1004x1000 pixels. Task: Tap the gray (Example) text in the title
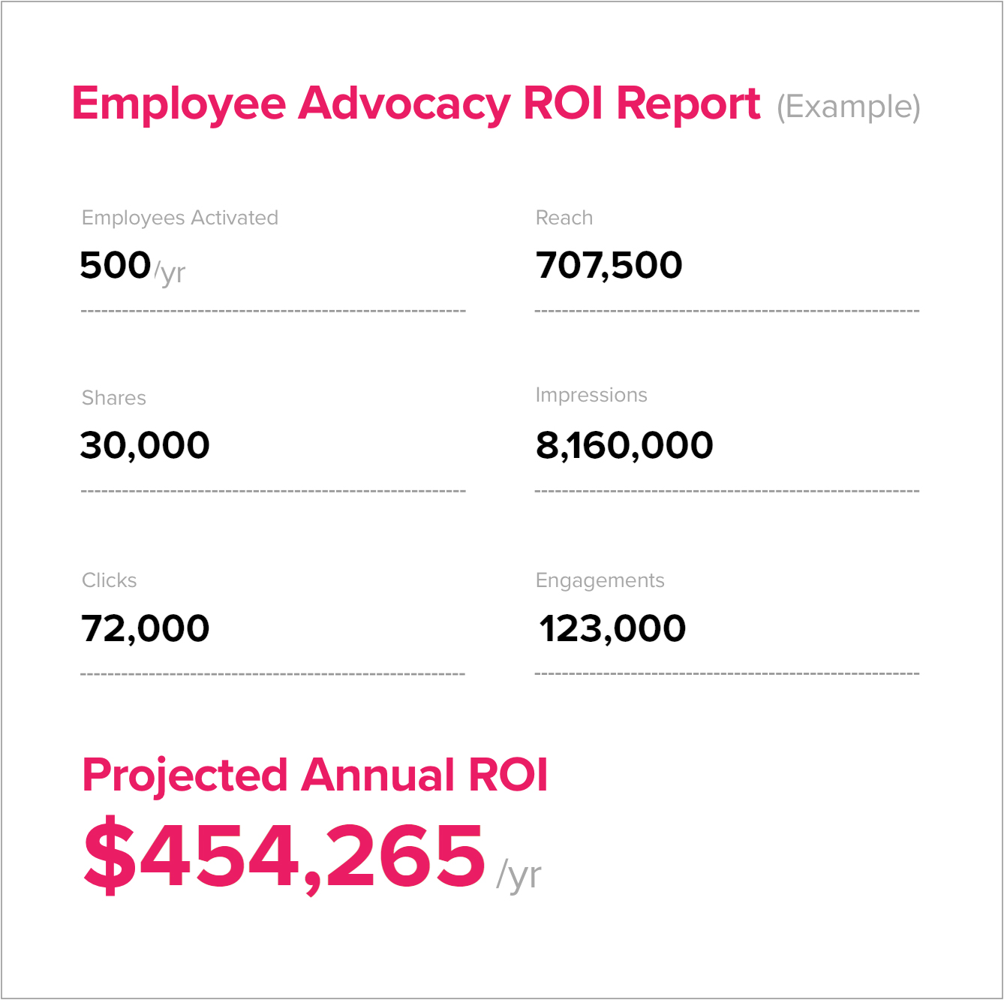848,107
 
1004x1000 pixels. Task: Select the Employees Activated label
180,218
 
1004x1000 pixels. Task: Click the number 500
116,265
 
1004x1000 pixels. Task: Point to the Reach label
564,218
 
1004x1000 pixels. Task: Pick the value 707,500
609,265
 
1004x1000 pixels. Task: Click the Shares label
114,398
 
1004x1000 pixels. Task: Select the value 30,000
145,445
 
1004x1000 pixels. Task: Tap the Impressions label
591,395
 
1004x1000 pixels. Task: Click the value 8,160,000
624,445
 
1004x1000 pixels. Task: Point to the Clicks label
110,580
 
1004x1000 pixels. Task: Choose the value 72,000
145,628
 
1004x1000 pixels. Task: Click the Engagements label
600,580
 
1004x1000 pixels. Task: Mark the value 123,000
612,628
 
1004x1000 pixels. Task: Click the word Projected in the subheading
185,776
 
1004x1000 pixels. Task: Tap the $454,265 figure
284,855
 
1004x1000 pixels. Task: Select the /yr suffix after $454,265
519,875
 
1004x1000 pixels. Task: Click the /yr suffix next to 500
170,272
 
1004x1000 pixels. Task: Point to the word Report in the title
688,104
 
